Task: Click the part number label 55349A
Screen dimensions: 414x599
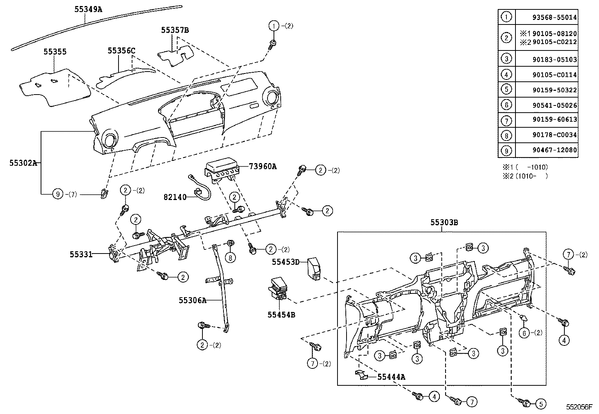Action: tap(88, 9)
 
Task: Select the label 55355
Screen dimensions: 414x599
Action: tap(55, 52)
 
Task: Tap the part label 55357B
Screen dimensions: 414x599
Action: tap(175, 30)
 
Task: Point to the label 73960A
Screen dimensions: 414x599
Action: tap(262, 166)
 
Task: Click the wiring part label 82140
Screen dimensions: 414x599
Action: tap(175, 197)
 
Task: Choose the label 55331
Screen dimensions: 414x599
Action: tap(81, 254)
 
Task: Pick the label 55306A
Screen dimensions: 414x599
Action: tap(192, 300)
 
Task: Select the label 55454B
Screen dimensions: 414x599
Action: tap(281, 315)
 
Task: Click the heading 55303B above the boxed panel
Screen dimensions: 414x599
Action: tap(444, 223)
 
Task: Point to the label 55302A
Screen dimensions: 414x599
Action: tap(23, 163)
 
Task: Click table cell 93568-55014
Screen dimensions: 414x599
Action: tap(555, 17)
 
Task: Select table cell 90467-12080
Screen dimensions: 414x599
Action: tap(555, 150)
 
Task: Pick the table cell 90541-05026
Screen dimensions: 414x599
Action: tap(555, 105)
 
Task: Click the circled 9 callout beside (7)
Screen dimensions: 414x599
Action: tap(58, 194)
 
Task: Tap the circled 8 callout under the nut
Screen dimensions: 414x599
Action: tap(230, 258)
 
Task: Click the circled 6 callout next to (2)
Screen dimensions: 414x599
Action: tap(524, 333)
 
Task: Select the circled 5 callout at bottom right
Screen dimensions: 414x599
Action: tap(541, 404)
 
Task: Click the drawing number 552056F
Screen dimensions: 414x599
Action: tap(580, 408)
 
